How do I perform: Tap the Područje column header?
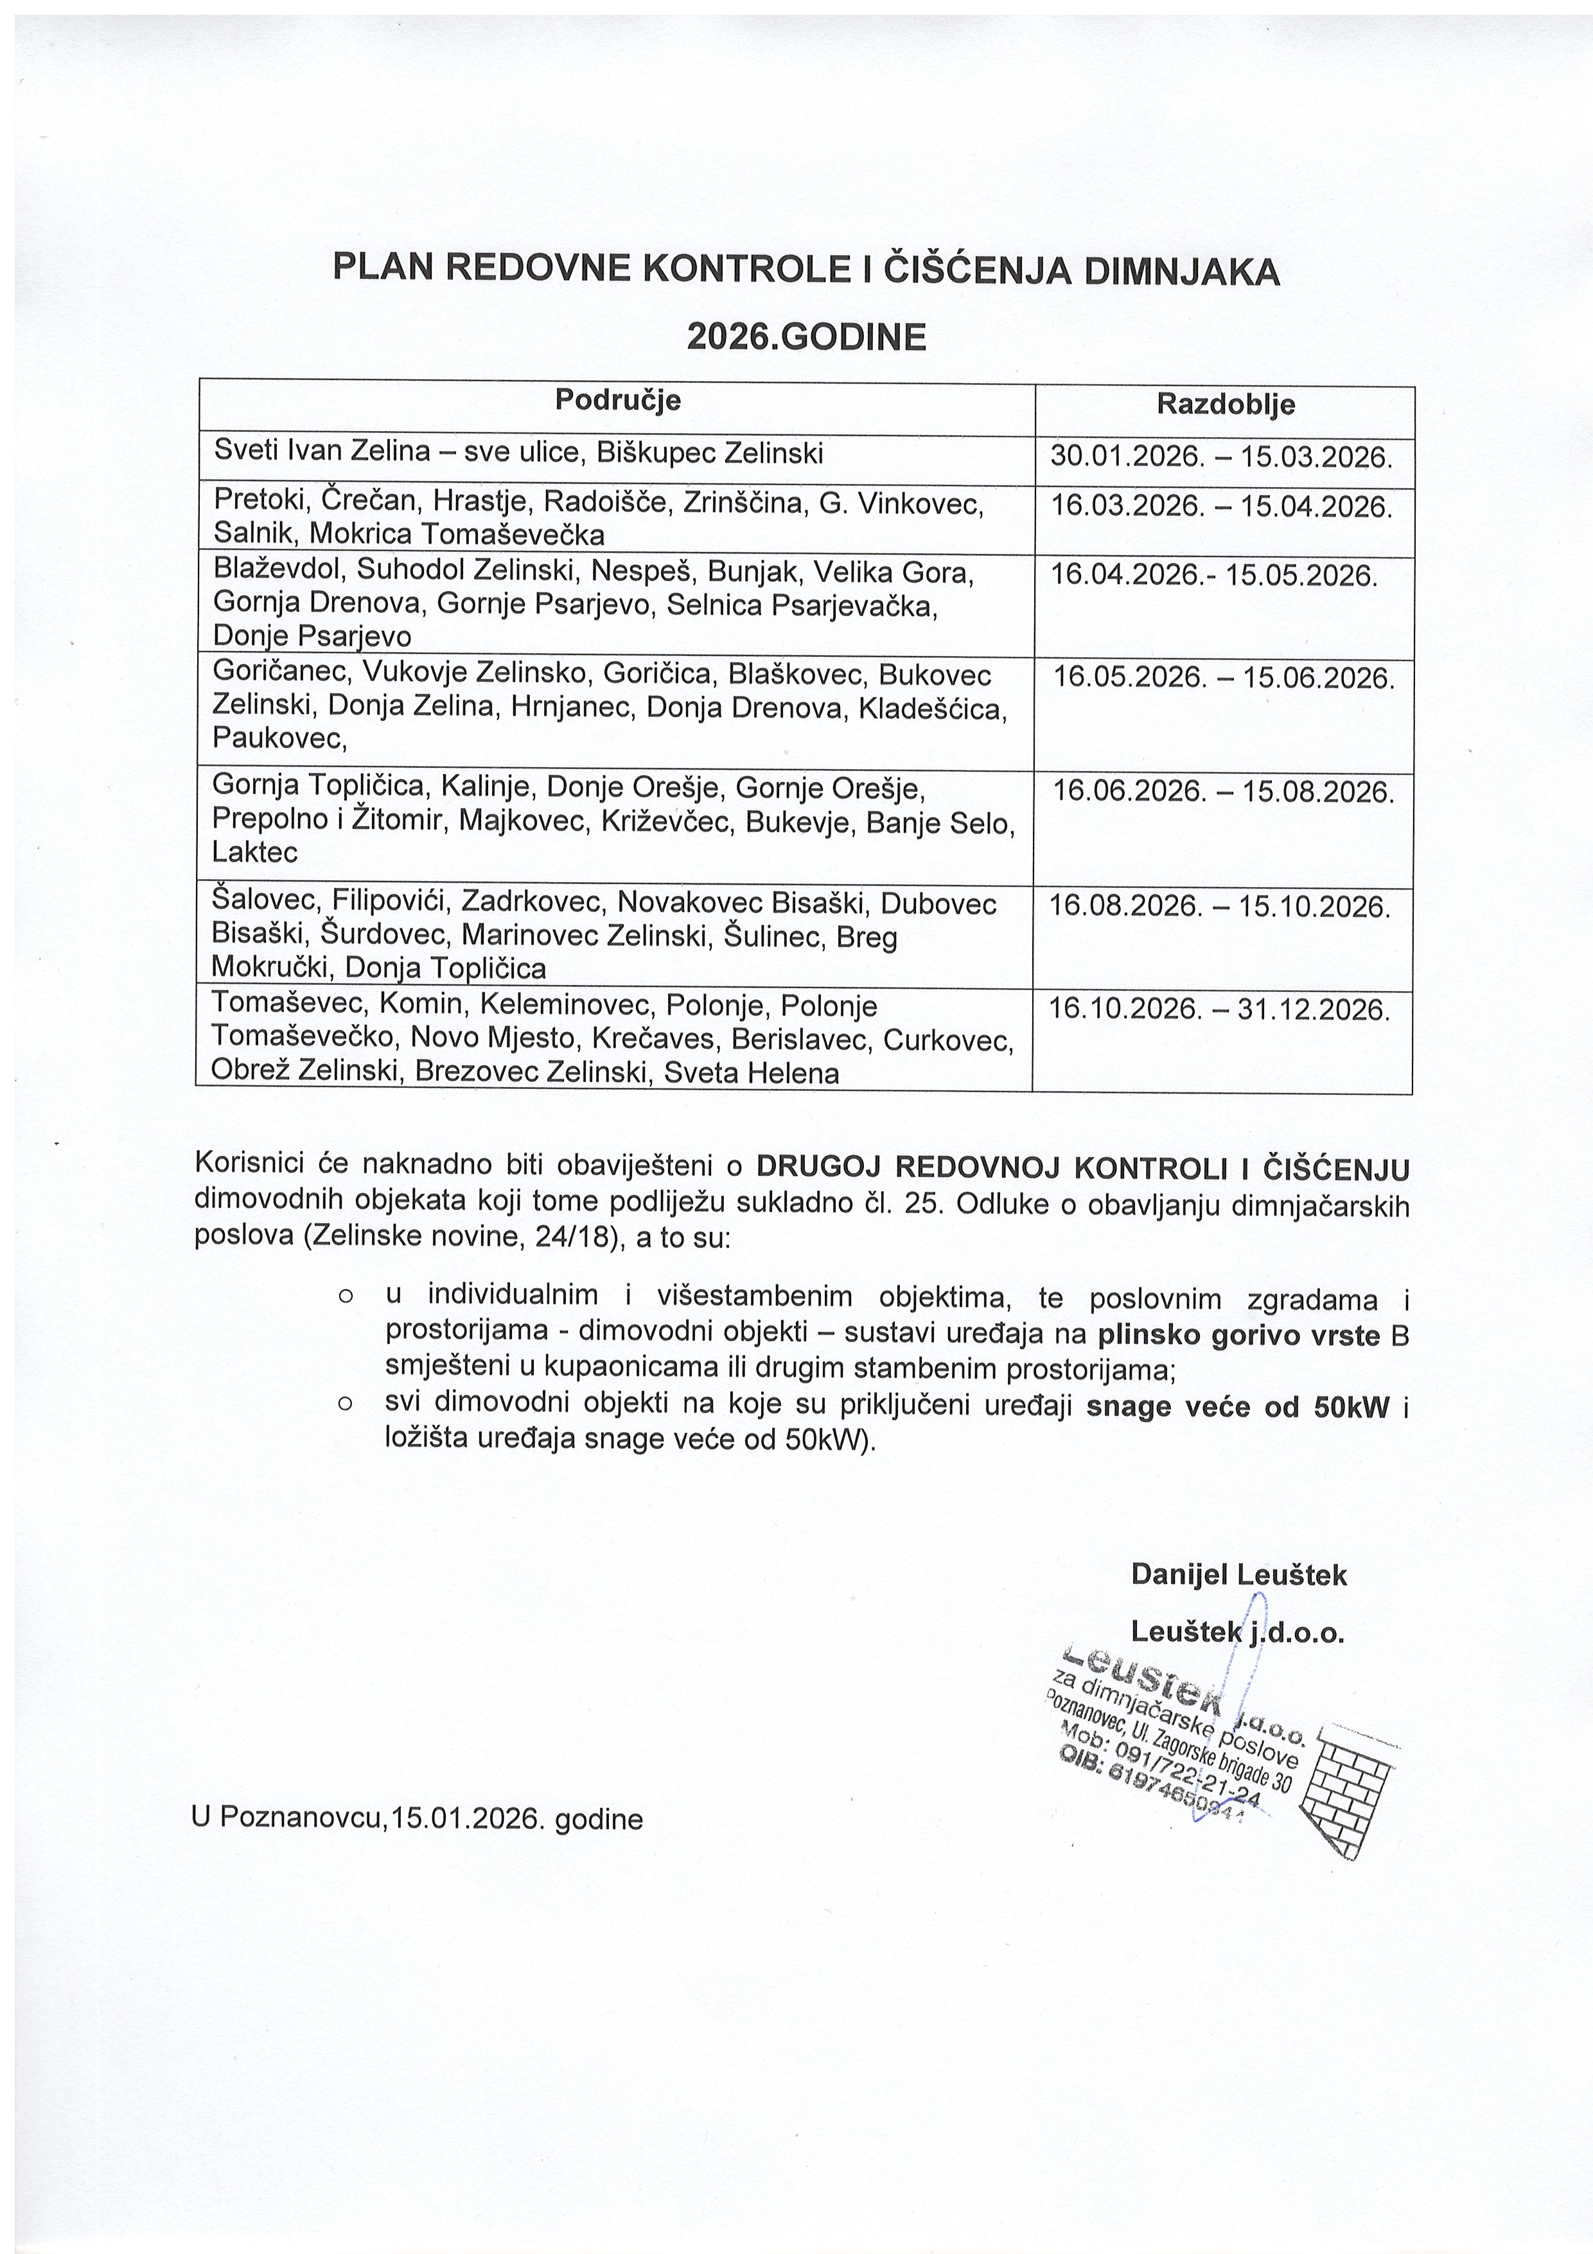617,400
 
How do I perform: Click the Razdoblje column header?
1225,404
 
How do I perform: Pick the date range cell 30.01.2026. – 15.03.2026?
1221,457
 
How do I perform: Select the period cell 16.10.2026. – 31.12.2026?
1219,1009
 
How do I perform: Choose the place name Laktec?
255,851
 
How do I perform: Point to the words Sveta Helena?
751,1073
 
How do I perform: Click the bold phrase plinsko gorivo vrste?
1238,1335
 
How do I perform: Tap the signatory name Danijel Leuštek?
1238,1575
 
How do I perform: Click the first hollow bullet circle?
344,1298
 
